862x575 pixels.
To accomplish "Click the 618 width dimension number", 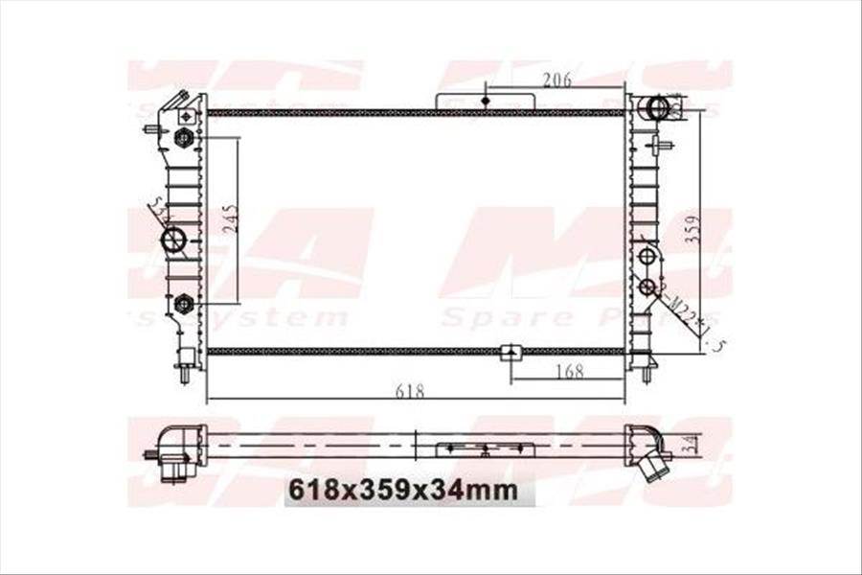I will point(409,391).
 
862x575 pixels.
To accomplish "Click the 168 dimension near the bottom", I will point(570,372).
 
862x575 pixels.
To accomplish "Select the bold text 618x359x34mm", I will point(403,491).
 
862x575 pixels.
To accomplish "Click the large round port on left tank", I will point(173,240).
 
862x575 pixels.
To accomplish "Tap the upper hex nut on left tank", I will point(183,138).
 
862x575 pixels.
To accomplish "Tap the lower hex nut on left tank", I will point(184,304).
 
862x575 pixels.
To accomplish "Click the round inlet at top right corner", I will point(657,106).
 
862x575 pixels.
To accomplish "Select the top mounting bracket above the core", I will point(486,101).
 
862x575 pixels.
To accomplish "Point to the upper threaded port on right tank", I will point(646,256).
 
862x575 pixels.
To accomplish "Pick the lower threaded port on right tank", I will point(646,287).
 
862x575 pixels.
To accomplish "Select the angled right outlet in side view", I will point(655,458).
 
